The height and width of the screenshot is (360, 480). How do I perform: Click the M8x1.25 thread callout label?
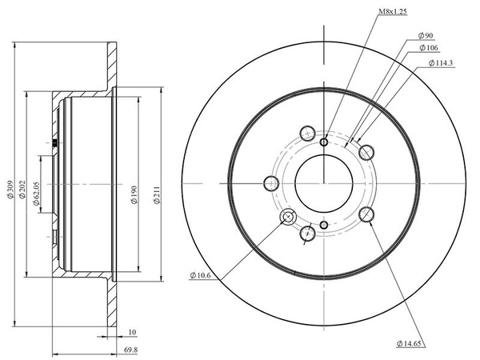[393, 12]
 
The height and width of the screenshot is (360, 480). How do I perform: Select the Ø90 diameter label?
[426, 35]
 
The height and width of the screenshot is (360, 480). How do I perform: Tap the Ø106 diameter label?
[429, 48]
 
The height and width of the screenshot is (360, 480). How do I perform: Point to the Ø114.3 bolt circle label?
[441, 63]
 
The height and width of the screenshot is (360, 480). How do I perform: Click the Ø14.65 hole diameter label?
[409, 343]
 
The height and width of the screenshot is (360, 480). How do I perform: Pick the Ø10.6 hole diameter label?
[200, 275]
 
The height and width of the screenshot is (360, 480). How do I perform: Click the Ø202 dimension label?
[22, 190]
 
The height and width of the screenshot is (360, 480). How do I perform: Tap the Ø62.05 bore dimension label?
[36, 194]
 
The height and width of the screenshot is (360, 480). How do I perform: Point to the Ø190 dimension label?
[134, 194]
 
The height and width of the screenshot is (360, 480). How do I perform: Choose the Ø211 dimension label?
[157, 194]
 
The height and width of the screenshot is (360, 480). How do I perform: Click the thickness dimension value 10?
[132, 332]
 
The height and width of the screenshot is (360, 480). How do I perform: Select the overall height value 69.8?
[130, 350]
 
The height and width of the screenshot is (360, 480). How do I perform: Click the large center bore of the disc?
[324, 183]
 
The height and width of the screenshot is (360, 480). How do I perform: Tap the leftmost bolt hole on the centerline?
[271, 184]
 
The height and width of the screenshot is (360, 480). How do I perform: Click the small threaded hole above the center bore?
[324, 142]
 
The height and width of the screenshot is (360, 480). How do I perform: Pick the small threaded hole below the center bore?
[324, 226]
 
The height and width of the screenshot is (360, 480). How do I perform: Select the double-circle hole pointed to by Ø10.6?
[288, 217]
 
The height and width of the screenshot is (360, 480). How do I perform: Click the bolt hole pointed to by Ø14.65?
[366, 214]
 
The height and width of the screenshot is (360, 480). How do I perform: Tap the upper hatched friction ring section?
[112, 65]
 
